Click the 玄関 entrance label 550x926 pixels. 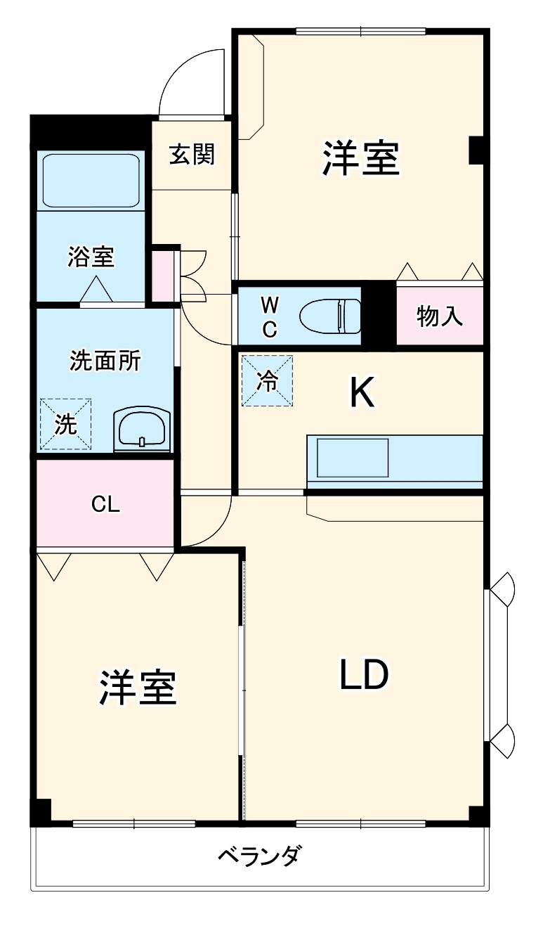coord(191,155)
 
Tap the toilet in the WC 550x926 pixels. coord(331,316)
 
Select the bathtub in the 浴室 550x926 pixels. coord(91,180)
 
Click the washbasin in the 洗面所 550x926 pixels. coord(142,429)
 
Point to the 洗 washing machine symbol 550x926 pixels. coord(65,424)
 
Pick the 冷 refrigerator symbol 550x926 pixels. coord(268,380)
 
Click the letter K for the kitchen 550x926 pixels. coord(362,394)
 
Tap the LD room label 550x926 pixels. coord(364,675)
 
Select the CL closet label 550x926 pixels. coord(105,503)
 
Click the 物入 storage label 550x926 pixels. coord(440,316)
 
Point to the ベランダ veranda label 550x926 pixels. coord(260,857)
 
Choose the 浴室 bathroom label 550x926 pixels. coord(91,257)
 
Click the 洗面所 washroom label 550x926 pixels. coord(105,361)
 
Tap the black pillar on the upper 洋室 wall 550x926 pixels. coord(476,150)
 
